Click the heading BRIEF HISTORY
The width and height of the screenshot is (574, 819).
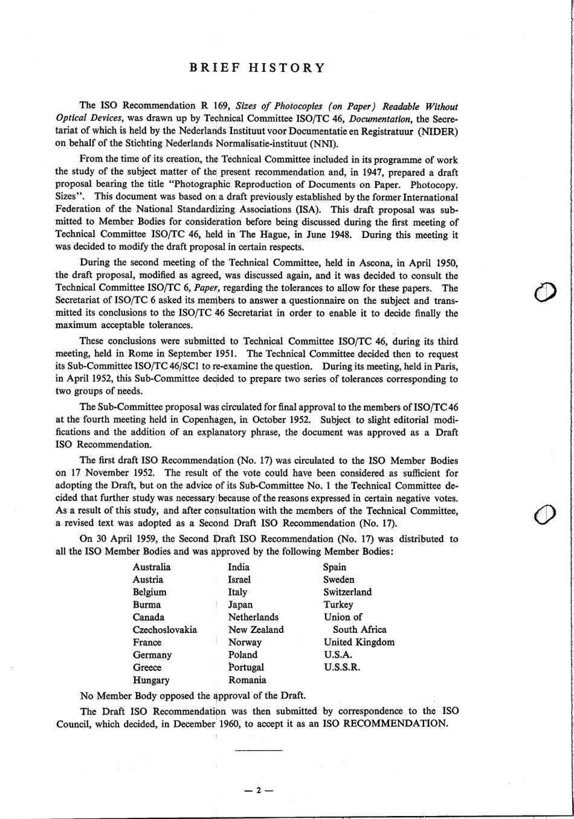coord(257,68)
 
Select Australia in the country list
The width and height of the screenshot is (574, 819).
coord(152,567)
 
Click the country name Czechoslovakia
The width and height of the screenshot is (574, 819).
coord(165,629)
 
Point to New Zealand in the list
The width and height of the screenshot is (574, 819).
coord(256,629)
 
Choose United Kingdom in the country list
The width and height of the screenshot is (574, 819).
coord(359,642)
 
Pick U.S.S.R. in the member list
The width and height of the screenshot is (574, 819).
coord(342,667)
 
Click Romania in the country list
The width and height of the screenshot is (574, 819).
coord(247,680)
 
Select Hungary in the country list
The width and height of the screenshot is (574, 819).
coord(151,680)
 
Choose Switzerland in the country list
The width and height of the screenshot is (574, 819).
coord(347,592)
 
